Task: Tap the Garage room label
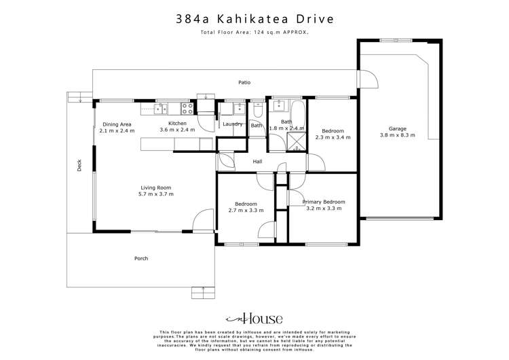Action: click(x=398, y=128)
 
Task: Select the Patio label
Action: click(x=244, y=83)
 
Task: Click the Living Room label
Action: click(x=156, y=187)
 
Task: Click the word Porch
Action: click(x=141, y=258)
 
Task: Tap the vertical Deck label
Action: click(x=79, y=165)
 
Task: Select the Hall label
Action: click(x=258, y=162)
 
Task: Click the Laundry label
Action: click(x=233, y=124)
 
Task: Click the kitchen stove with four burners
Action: click(x=187, y=107)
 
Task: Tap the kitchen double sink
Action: click(x=163, y=107)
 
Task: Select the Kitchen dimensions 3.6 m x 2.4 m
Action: click(x=177, y=130)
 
